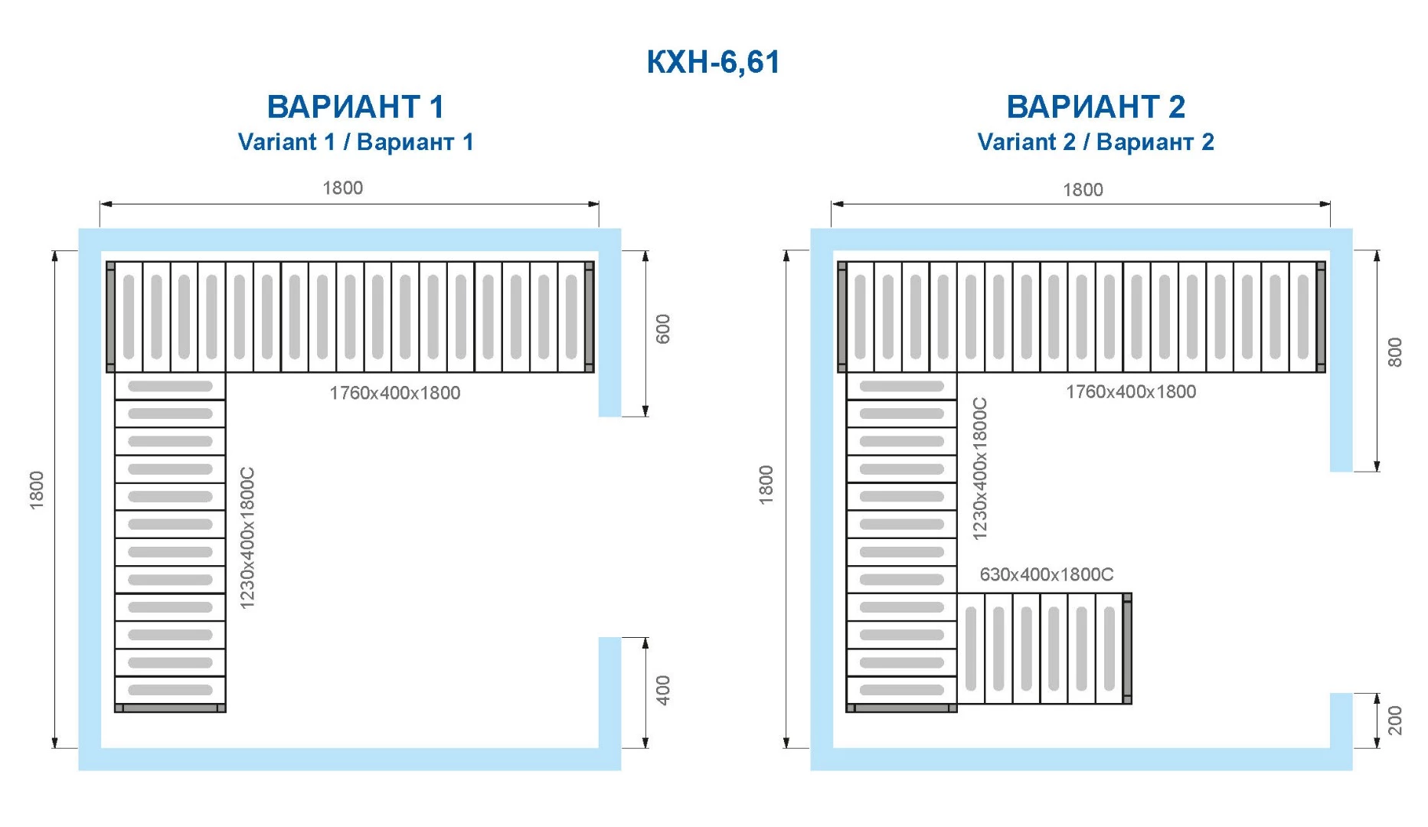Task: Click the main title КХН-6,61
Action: [713, 61]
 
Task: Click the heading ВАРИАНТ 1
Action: [355, 106]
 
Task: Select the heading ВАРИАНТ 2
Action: [1096, 106]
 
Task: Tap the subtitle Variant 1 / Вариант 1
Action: [355, 142]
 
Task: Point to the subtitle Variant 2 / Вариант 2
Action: [1096, 142]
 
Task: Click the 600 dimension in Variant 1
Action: [663, 329]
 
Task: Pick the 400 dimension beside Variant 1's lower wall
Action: [663, 690]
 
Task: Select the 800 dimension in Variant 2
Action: [1394, 352]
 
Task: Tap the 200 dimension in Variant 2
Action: [1394, 721]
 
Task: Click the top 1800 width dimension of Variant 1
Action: [342, 188]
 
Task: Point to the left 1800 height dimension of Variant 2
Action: [766, 485]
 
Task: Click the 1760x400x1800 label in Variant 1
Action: [394, 393]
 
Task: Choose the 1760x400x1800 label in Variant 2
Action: [1131, 391]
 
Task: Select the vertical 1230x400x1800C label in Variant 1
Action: [247, 538]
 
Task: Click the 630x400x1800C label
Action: [1047, 574]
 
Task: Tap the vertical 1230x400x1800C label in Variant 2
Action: [979, 469]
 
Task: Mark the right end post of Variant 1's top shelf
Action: [589, 317]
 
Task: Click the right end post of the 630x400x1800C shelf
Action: [1127, 649]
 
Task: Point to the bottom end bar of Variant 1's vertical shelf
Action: [170, 708]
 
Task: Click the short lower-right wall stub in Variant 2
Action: [1341, 721]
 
